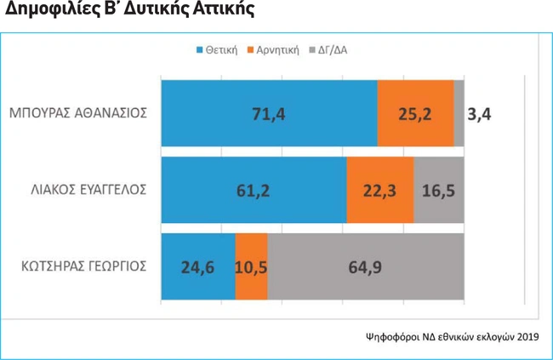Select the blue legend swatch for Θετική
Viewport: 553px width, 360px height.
point(200,49)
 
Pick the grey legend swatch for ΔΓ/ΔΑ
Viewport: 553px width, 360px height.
point(312,49)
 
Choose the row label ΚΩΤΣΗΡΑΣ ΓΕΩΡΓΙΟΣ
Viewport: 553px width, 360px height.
point(84,266)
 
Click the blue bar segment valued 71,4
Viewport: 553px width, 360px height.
point(269,112)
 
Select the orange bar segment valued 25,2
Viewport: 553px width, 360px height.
point(415,112)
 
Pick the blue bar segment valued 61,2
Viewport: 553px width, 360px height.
point(254,189)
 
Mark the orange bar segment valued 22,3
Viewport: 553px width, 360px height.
point(379,189)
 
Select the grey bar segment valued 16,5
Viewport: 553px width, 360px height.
point(438,189)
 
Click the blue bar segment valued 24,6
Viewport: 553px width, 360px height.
point(197,266)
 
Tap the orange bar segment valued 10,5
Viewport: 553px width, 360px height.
point(251,266)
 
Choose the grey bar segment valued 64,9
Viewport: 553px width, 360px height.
point(365,266)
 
